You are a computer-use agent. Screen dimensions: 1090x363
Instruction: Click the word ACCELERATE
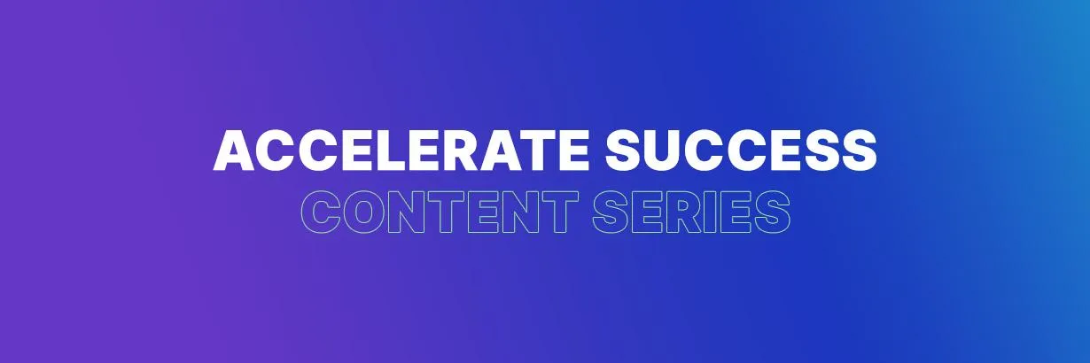(401, 151)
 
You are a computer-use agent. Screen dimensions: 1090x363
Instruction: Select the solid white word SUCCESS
(741, 151)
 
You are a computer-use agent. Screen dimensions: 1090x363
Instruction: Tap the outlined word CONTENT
(440, 212)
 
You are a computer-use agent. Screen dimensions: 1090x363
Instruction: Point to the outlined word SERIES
(691, 212)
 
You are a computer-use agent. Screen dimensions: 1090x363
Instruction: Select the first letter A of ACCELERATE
(234, 151)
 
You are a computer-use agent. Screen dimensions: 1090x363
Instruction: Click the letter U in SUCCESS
(662, 151)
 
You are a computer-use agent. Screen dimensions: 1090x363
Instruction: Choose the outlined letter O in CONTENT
(362, 212)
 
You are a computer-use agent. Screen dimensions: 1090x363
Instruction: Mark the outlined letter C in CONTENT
(320, 212)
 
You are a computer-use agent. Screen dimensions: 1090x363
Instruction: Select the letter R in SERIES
(685, 212)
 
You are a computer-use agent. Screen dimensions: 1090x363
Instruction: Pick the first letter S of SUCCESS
(623, 151)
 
